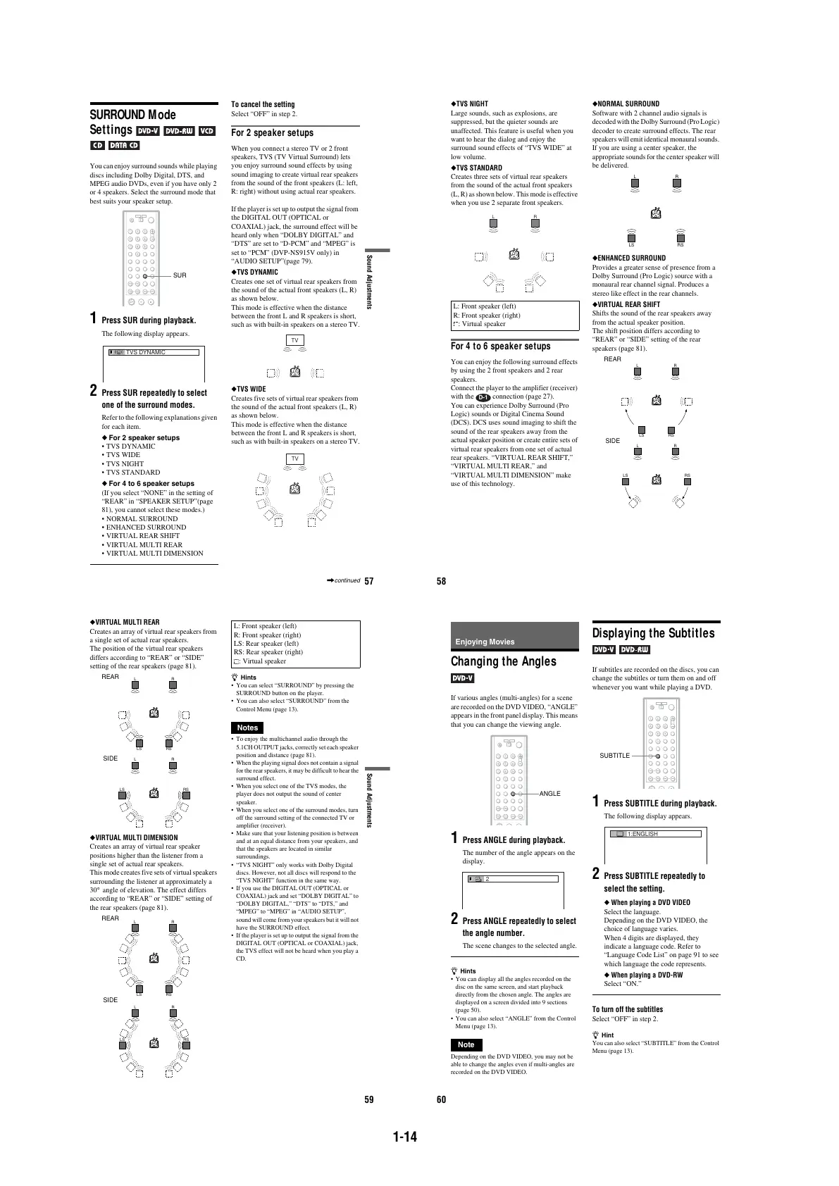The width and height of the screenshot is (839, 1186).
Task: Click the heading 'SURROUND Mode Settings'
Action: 132,122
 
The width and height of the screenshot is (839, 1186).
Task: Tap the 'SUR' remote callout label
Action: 180,275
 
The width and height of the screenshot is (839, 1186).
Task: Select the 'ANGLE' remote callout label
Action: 549,794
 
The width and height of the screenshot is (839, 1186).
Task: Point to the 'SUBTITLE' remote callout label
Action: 614,756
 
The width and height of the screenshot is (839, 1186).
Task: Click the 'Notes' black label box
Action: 247,728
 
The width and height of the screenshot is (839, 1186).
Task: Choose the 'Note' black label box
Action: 466,1044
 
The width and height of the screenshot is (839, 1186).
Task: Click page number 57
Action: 369,582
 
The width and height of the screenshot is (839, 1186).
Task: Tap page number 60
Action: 442,1100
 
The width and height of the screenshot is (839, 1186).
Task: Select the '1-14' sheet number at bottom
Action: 405,1137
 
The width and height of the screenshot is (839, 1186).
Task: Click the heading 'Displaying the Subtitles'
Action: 653,633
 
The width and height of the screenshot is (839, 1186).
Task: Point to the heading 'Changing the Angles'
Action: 503,661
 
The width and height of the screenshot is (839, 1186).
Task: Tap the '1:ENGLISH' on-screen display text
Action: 642,834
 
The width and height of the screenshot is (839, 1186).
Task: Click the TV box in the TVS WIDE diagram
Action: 295,459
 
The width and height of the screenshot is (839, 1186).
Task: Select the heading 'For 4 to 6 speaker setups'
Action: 500,347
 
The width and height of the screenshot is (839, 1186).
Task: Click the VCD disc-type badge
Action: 206,131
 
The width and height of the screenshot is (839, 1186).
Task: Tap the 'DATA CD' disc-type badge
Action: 124,146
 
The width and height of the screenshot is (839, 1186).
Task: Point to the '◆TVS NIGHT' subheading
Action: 469,104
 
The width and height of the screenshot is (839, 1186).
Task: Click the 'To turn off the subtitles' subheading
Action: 627,1009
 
